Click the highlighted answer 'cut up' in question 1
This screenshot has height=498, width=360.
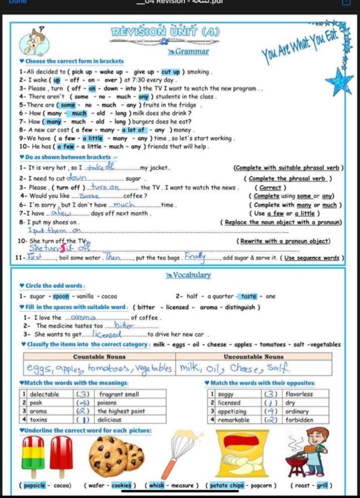(x=170, y=72)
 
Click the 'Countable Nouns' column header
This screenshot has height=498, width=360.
(x=99, y=357)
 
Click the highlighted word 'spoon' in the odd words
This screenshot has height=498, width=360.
(x=61, y=296)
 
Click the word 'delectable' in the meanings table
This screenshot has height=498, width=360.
(x=45, y=395)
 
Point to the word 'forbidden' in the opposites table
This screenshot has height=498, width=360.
(x=299, y=420)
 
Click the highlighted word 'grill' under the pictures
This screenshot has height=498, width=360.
(x=323, y=486)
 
